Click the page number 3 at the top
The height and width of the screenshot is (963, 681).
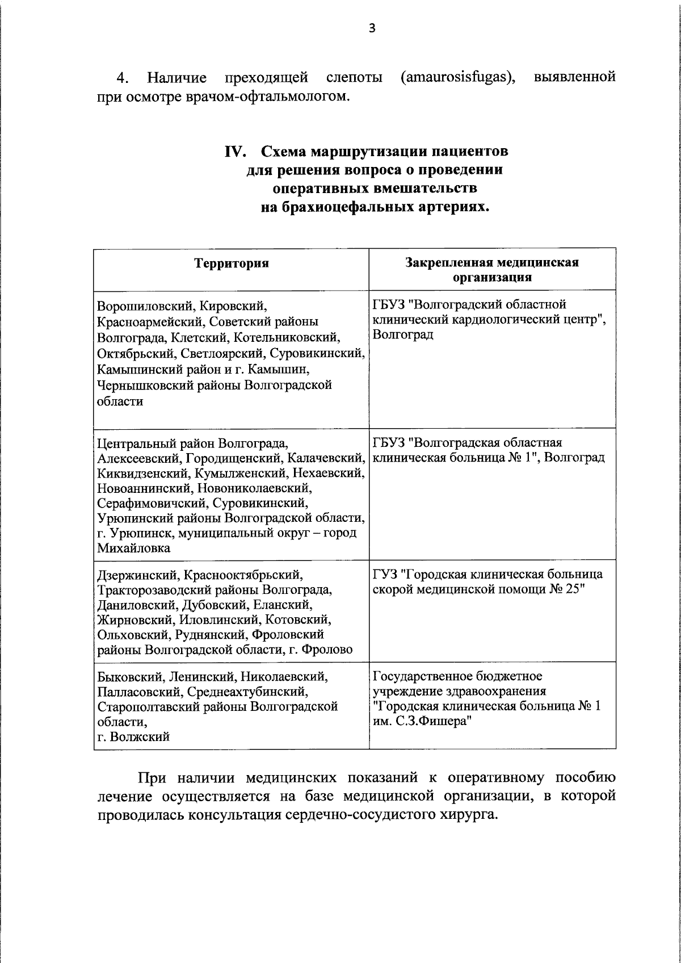click(372, 29)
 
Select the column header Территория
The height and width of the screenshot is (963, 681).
click(231, 263)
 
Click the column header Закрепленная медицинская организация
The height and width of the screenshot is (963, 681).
click(492, 270)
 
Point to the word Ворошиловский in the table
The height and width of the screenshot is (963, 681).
click(145, 307)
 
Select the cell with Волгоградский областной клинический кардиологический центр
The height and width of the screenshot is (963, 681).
click(489, 320)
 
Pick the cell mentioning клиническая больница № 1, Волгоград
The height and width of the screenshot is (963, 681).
click(489, 450)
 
